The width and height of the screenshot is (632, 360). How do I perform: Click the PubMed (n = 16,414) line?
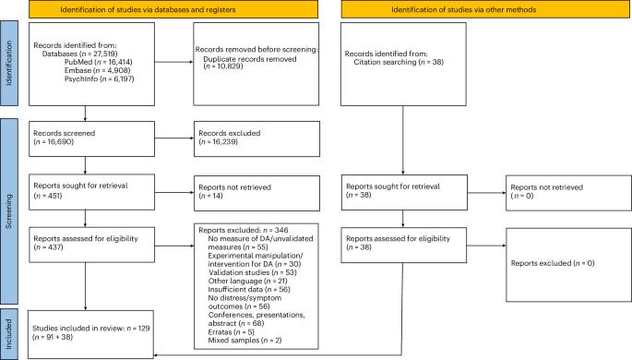[99, 62]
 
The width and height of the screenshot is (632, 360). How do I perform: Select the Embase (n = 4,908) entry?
[97, 70]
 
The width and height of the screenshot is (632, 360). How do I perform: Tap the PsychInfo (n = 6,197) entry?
[99, 79]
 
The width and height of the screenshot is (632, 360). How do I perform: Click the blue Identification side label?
[9, 64]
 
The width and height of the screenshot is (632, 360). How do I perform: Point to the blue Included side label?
[9, 334]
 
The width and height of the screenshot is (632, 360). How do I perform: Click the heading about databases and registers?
[173, 9]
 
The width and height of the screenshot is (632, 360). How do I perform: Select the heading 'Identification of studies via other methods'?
[485, 9]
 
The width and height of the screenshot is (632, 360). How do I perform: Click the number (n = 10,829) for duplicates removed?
[223, 66]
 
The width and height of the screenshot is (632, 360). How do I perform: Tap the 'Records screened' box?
[92, 138]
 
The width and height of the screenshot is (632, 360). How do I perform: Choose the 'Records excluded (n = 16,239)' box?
[256, 138]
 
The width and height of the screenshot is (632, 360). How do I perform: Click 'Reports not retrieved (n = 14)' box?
[256, 193]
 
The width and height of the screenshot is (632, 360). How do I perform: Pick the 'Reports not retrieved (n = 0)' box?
[568, 193]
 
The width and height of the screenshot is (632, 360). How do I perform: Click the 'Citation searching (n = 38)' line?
[399, 62]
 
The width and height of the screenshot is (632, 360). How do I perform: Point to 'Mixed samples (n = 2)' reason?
[244, 341]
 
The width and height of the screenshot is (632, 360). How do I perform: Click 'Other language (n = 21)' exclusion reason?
[247, 281]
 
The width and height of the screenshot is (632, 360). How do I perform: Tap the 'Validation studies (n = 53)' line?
[252, 272]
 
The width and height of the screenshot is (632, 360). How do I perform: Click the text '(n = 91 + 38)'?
[53, 337]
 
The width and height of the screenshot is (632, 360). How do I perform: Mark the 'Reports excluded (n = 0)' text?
[553, 263]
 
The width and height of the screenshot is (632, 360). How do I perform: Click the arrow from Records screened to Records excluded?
[174, 138]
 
